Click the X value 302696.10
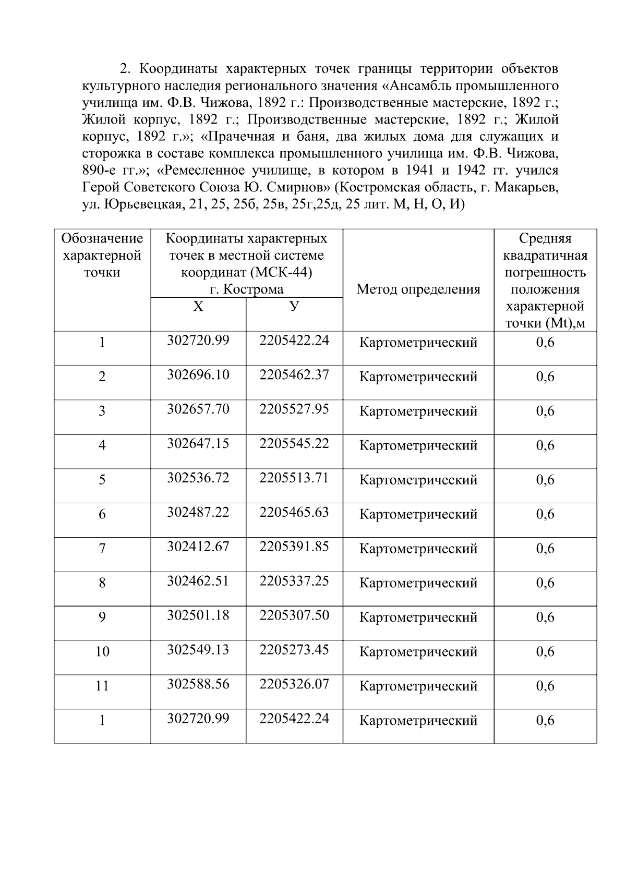pyautogui.click(x=198, y=375)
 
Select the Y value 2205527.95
pyautogui.click(x=294, y=409)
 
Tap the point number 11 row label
pyautogui.click(x=102, y=686)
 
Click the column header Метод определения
pyautogui.click(x=418, y=289)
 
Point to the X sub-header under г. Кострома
pyautogui.click(x=198, y=307)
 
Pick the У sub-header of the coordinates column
pyautogui.click(x=294, y=306)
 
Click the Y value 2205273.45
pyautogui.click(x=294, y=650)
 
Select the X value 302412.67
pyautogui.click(x=198, y=547)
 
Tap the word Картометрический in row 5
pyautogui.click(x=418, y=480)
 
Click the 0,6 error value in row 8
pyautogui.click(x=545, y=583)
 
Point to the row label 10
pyautogui.click(x=102, y=652)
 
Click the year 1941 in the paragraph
pyautogui.click(x=420, y=171)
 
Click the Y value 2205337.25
pyautogui.click(x=294, y=581)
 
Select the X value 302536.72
pyautogui.click(x=198, y=478)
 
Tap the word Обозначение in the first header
pyautogui.click(x=102, y=239)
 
